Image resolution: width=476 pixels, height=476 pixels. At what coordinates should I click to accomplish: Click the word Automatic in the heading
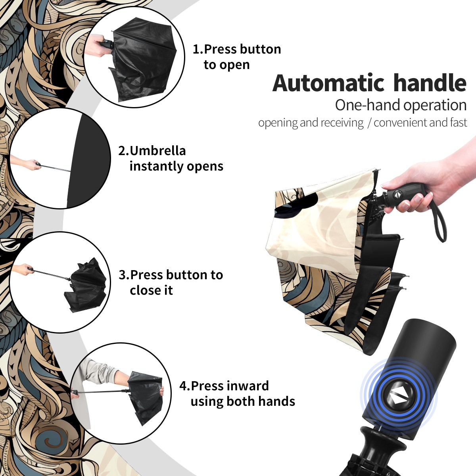coord(328,83)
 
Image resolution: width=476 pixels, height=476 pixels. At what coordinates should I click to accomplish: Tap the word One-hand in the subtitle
coord(368,105)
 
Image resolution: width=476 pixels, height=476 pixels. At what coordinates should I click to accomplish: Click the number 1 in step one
coord(196,49)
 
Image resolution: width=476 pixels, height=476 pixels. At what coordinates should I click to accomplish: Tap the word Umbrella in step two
coord(158,151)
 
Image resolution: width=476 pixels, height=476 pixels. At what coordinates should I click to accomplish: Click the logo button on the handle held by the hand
coord(396,194)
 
